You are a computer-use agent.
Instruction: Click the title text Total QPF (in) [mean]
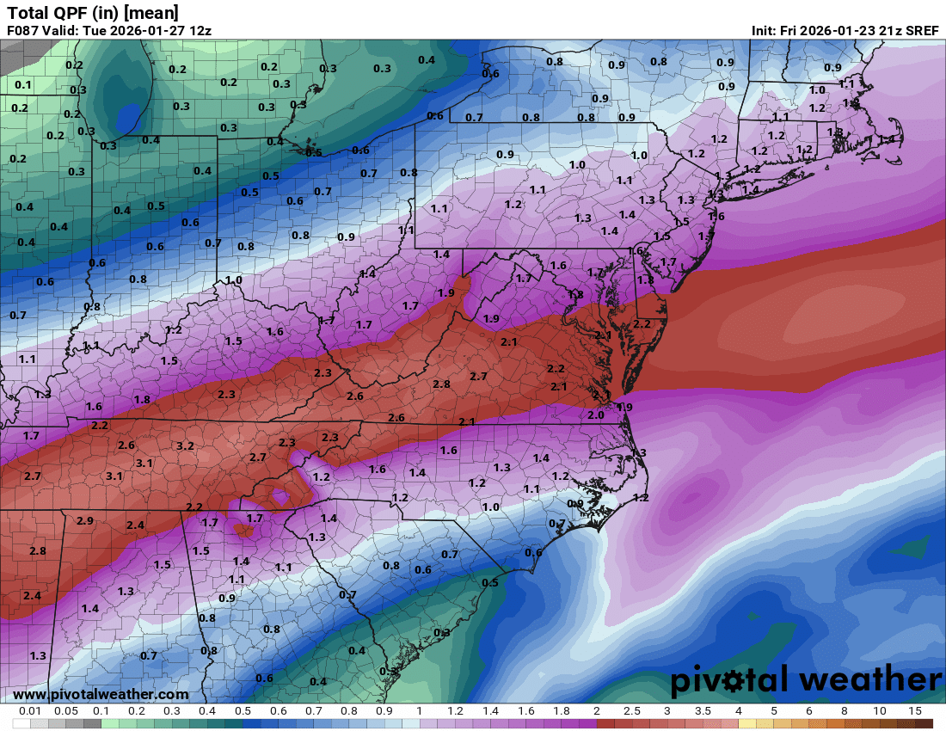pos(93,12)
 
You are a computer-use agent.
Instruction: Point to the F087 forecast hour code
pos(23,30)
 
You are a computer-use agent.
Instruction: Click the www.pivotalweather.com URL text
pos(101,694)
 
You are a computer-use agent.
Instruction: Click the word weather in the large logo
pos(869,680)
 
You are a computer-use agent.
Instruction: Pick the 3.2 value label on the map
pos(184,446)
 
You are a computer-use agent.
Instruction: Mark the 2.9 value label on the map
pos(84,521)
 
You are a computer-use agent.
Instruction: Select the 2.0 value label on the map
pos(595,415)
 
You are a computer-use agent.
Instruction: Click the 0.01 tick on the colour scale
pos(31,712)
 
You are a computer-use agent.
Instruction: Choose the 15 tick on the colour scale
pos(915,712)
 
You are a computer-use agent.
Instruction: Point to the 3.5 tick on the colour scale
pos(703,712)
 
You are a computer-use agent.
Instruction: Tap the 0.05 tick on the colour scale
pos(66,712)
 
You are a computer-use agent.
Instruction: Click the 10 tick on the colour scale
pos(880,712)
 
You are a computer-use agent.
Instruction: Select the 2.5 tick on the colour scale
pos(632,712)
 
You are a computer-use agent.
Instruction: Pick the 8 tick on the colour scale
pos(845,712)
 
